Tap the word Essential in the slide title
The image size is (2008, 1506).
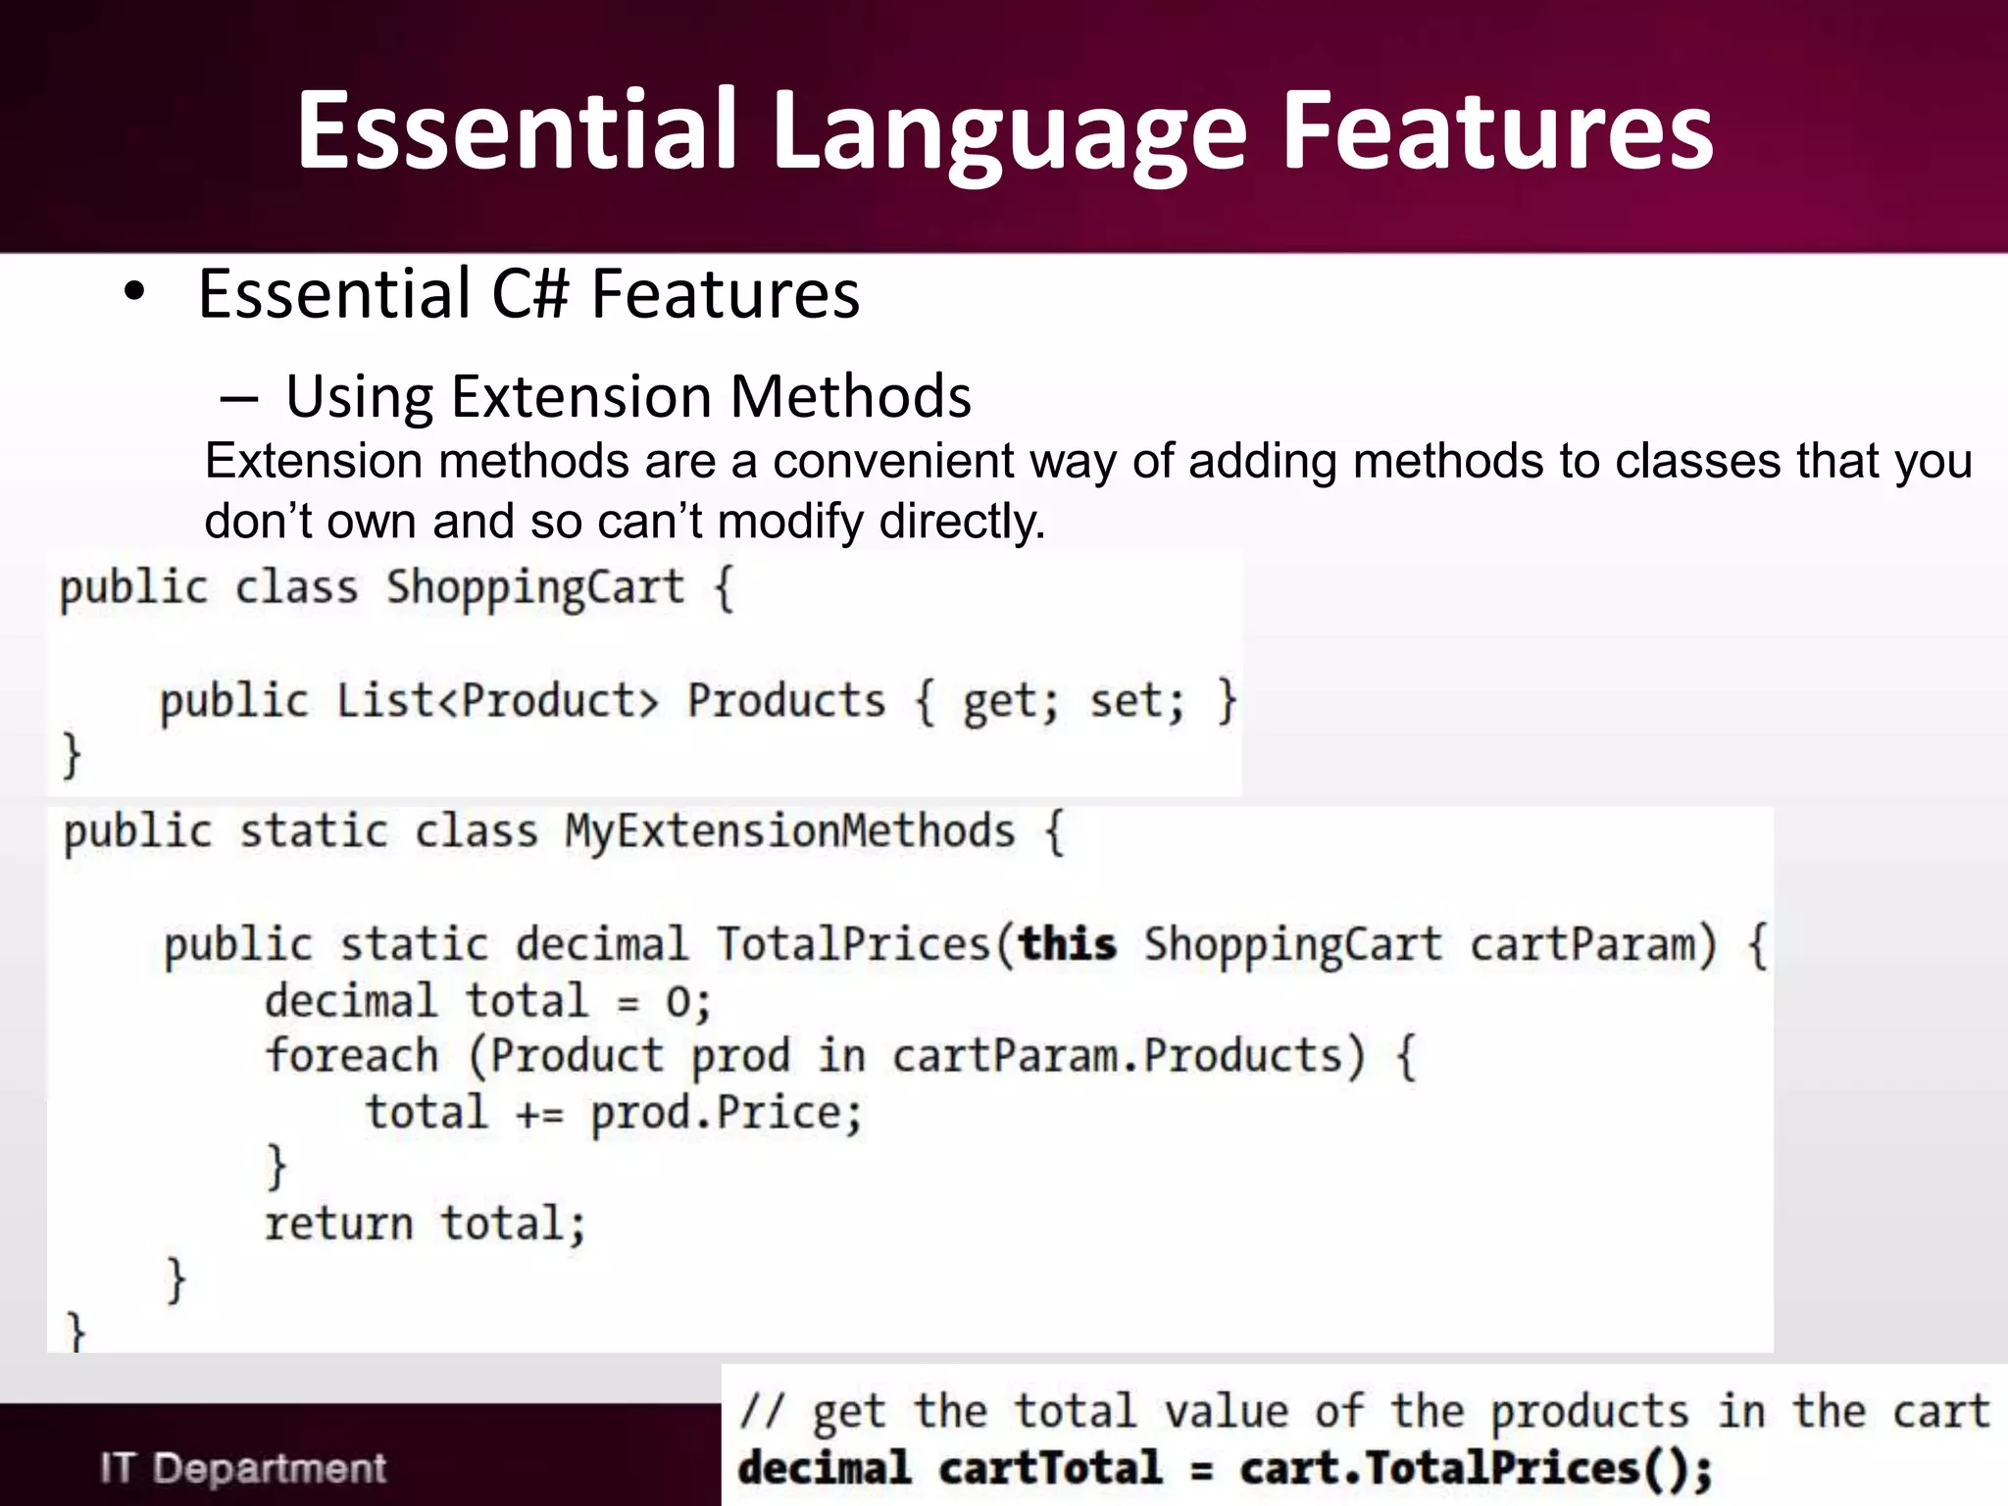(517, 129)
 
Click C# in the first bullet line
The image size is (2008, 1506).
(530, 294)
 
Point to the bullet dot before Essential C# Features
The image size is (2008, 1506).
(135, 292)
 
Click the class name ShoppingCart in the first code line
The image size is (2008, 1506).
(534, 588)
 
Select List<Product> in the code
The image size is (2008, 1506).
(497, 701)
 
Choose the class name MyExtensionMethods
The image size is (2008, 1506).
(789, 831)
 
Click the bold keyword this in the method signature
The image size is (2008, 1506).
(1067, 944)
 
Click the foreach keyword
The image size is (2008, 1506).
(351, 1056)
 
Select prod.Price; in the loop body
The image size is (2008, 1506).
(726, 1114)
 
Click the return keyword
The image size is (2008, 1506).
(338, 1224)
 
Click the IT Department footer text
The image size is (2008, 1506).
(243, 1468)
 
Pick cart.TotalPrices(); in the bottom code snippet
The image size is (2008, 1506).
(1475, 1468)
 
